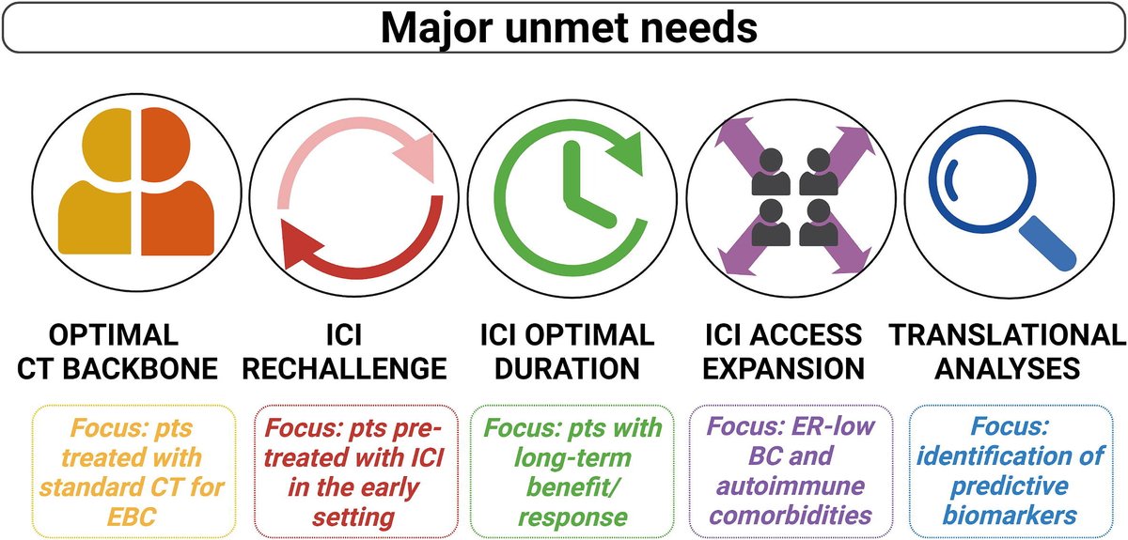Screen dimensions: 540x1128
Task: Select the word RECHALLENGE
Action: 343,368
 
